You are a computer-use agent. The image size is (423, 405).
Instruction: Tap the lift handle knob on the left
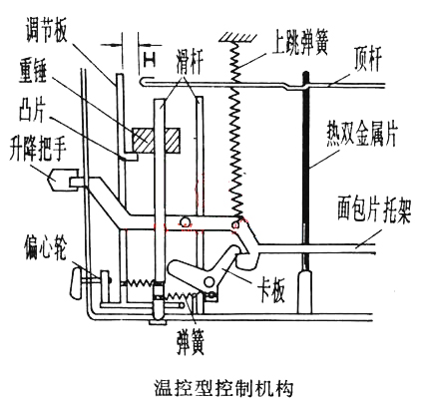[61, 181]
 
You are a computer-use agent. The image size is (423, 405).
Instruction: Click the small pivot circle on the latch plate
[211, 285]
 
